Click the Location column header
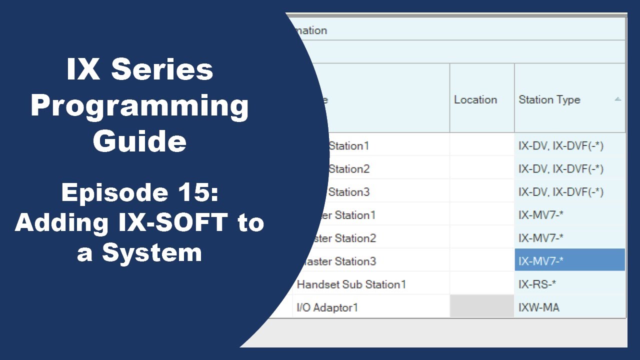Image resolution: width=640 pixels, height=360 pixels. pyautogui.click(x=475, y=99)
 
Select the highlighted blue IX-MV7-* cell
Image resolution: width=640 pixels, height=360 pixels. pyautogui.click(x=569, y=260)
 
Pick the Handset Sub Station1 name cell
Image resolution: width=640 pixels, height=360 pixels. pyautogui.click(x=351, y=284)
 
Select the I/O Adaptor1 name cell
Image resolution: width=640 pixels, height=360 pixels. pyautogui.click(x=327, y=307)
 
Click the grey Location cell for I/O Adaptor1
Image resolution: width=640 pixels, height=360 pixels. pyautogui.click(x=481, y=307)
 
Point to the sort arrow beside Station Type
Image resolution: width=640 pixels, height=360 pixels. pyautogui.click(x=617, y=99)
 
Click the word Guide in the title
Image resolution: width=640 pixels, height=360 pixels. pyautogui.click(x=139, y=141)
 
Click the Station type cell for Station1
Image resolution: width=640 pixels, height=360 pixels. pyautogui.click(x=560, y=146)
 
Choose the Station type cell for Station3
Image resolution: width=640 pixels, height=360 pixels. pyautogui.click(x=560, y=192)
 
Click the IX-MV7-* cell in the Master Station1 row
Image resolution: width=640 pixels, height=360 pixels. pyautogui.click(x=544, y=215)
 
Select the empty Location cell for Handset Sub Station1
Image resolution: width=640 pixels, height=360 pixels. pyautogui.click(x=481, y=284)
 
